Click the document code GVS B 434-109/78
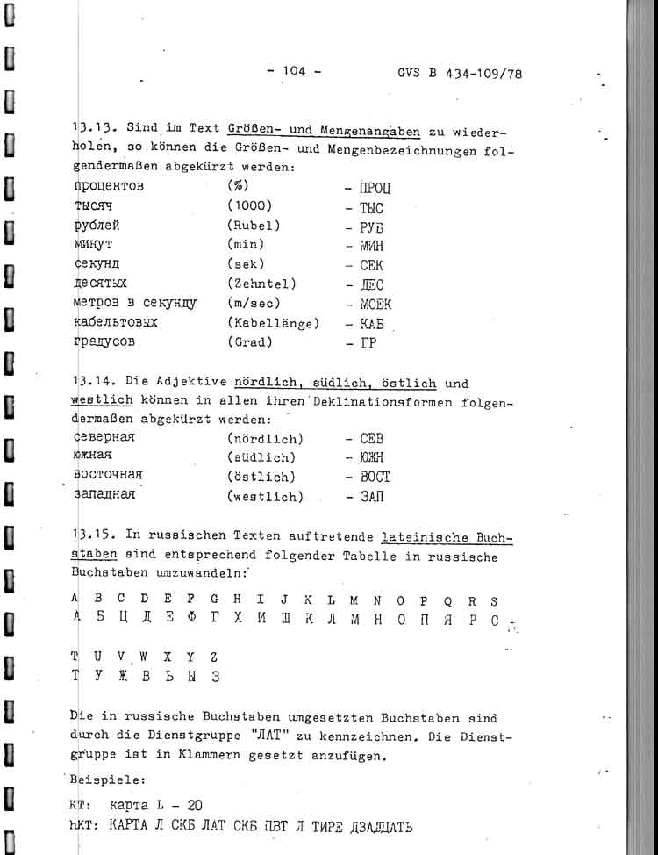[460, 74]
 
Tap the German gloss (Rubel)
[254, 226]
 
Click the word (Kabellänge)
[273, 323]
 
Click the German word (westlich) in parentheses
[265, 496]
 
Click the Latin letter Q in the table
[447, 601]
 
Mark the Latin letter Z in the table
[213, 656]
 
